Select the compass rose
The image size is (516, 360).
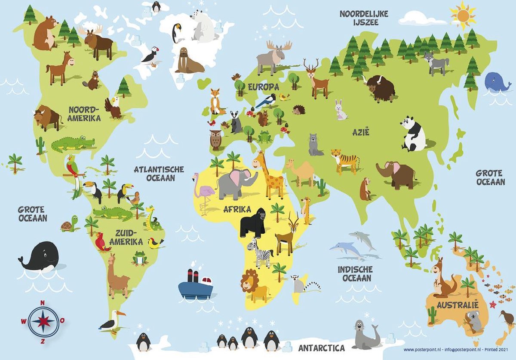[x=43, y=320]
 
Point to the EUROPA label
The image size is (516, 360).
[x=263, y=87]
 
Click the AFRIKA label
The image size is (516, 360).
[x=237, y=210]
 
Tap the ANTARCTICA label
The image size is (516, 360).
[x=321, y=347]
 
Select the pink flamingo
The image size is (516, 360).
[x=200, y=191]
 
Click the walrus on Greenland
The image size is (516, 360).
[x=188, y=61]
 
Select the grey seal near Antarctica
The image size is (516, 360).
[x=365, y=336]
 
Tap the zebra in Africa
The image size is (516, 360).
[x=260, y=252]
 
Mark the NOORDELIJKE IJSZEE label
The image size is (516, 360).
[x=364, y=18]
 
